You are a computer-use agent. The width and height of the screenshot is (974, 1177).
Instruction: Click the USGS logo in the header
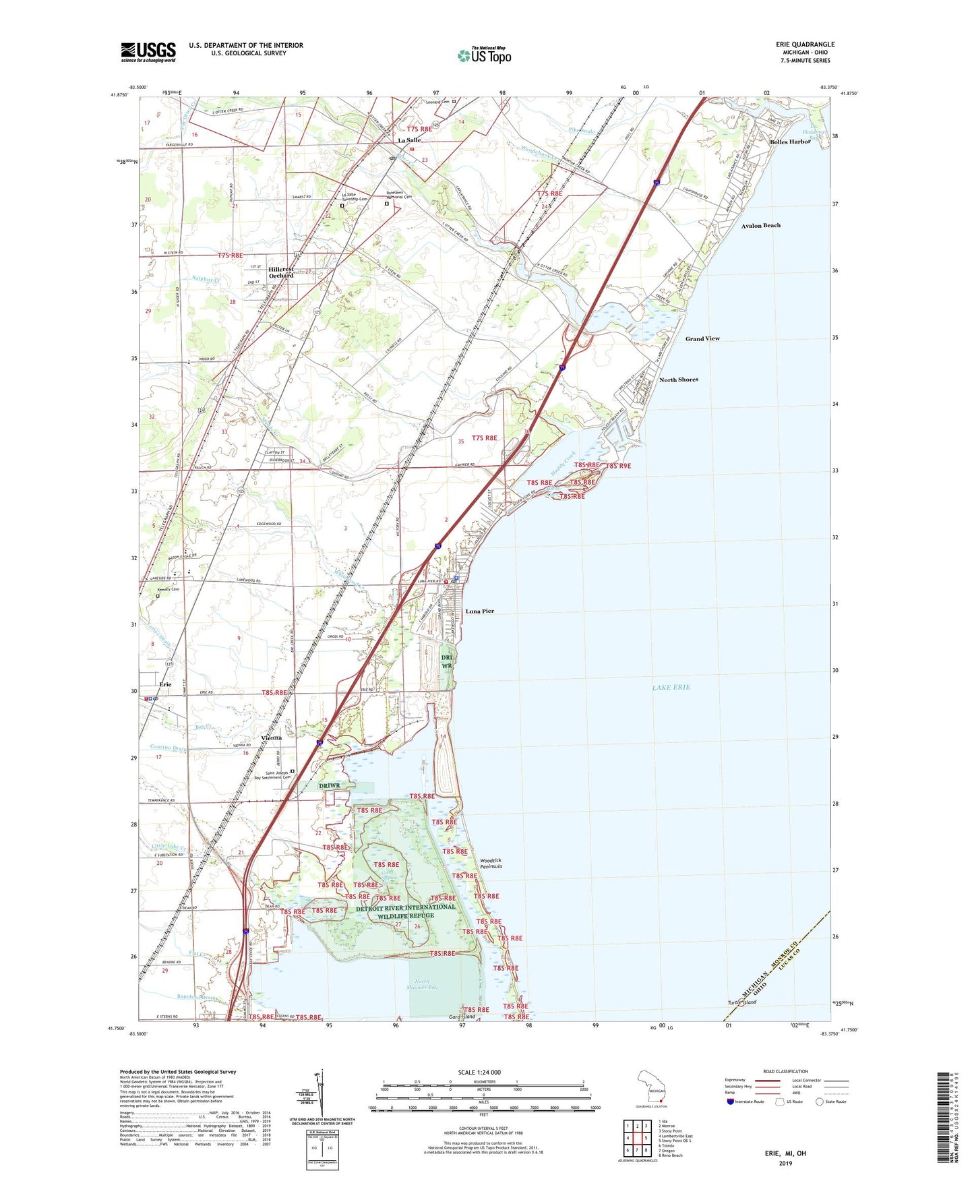coord(148,52)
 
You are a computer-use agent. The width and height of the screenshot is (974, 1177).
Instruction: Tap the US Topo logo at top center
coord(484,55)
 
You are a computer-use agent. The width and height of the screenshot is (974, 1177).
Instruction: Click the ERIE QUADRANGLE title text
coord(805,44)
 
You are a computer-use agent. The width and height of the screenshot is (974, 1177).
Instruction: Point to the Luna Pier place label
coord(480,611)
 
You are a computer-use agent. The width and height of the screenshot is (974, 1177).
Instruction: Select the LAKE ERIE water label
coord(671,688)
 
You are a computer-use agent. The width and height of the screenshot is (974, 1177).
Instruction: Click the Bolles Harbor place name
coord(790,142)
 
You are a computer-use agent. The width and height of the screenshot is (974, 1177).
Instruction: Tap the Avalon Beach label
coord(760,226)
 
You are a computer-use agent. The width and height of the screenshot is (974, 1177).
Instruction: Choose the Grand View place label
coord(702,339)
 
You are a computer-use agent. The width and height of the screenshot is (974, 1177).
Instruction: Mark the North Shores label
coord(678,380)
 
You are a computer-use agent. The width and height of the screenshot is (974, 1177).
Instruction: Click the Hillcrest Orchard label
coord(281,272)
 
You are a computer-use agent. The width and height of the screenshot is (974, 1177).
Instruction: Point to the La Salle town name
coord(409,140)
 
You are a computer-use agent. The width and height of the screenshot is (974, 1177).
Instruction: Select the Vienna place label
coord(271,737)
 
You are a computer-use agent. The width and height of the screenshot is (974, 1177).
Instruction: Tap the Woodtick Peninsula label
coord(491,864)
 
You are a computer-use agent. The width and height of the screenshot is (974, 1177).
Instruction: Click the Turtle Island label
coord(741,1002)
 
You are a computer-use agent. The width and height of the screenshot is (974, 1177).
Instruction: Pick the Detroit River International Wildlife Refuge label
coord(406,911)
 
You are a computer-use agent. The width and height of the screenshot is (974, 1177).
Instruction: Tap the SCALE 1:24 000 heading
coord(483,1073)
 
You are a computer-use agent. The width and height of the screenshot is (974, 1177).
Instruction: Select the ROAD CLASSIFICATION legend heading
coord(785,1071)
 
